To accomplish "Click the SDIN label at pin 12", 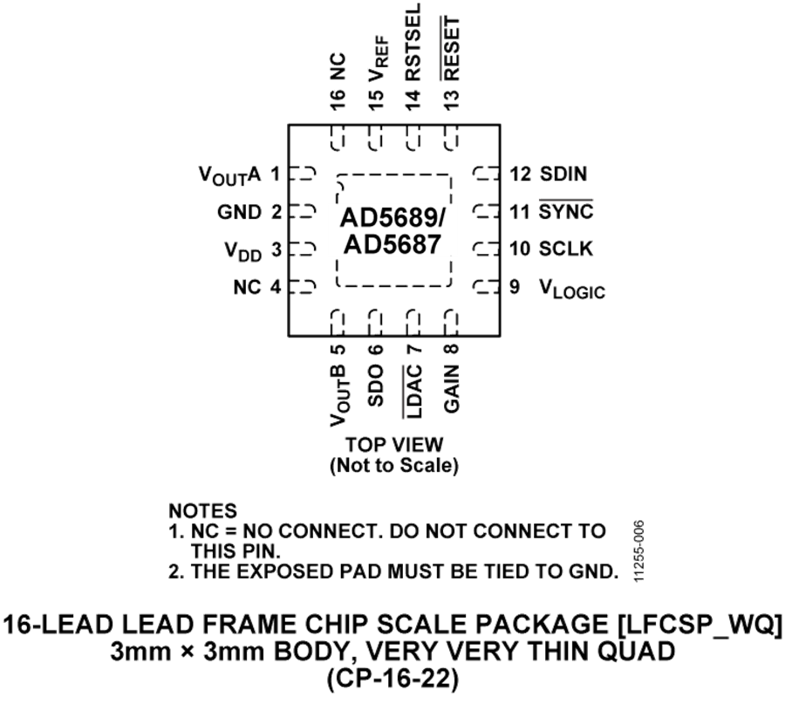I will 564,174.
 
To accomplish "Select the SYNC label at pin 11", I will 566,211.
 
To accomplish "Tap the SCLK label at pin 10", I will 566,249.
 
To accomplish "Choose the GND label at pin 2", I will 238,211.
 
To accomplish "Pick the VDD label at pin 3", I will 242,250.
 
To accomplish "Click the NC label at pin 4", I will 248,287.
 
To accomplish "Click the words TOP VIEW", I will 394,443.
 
